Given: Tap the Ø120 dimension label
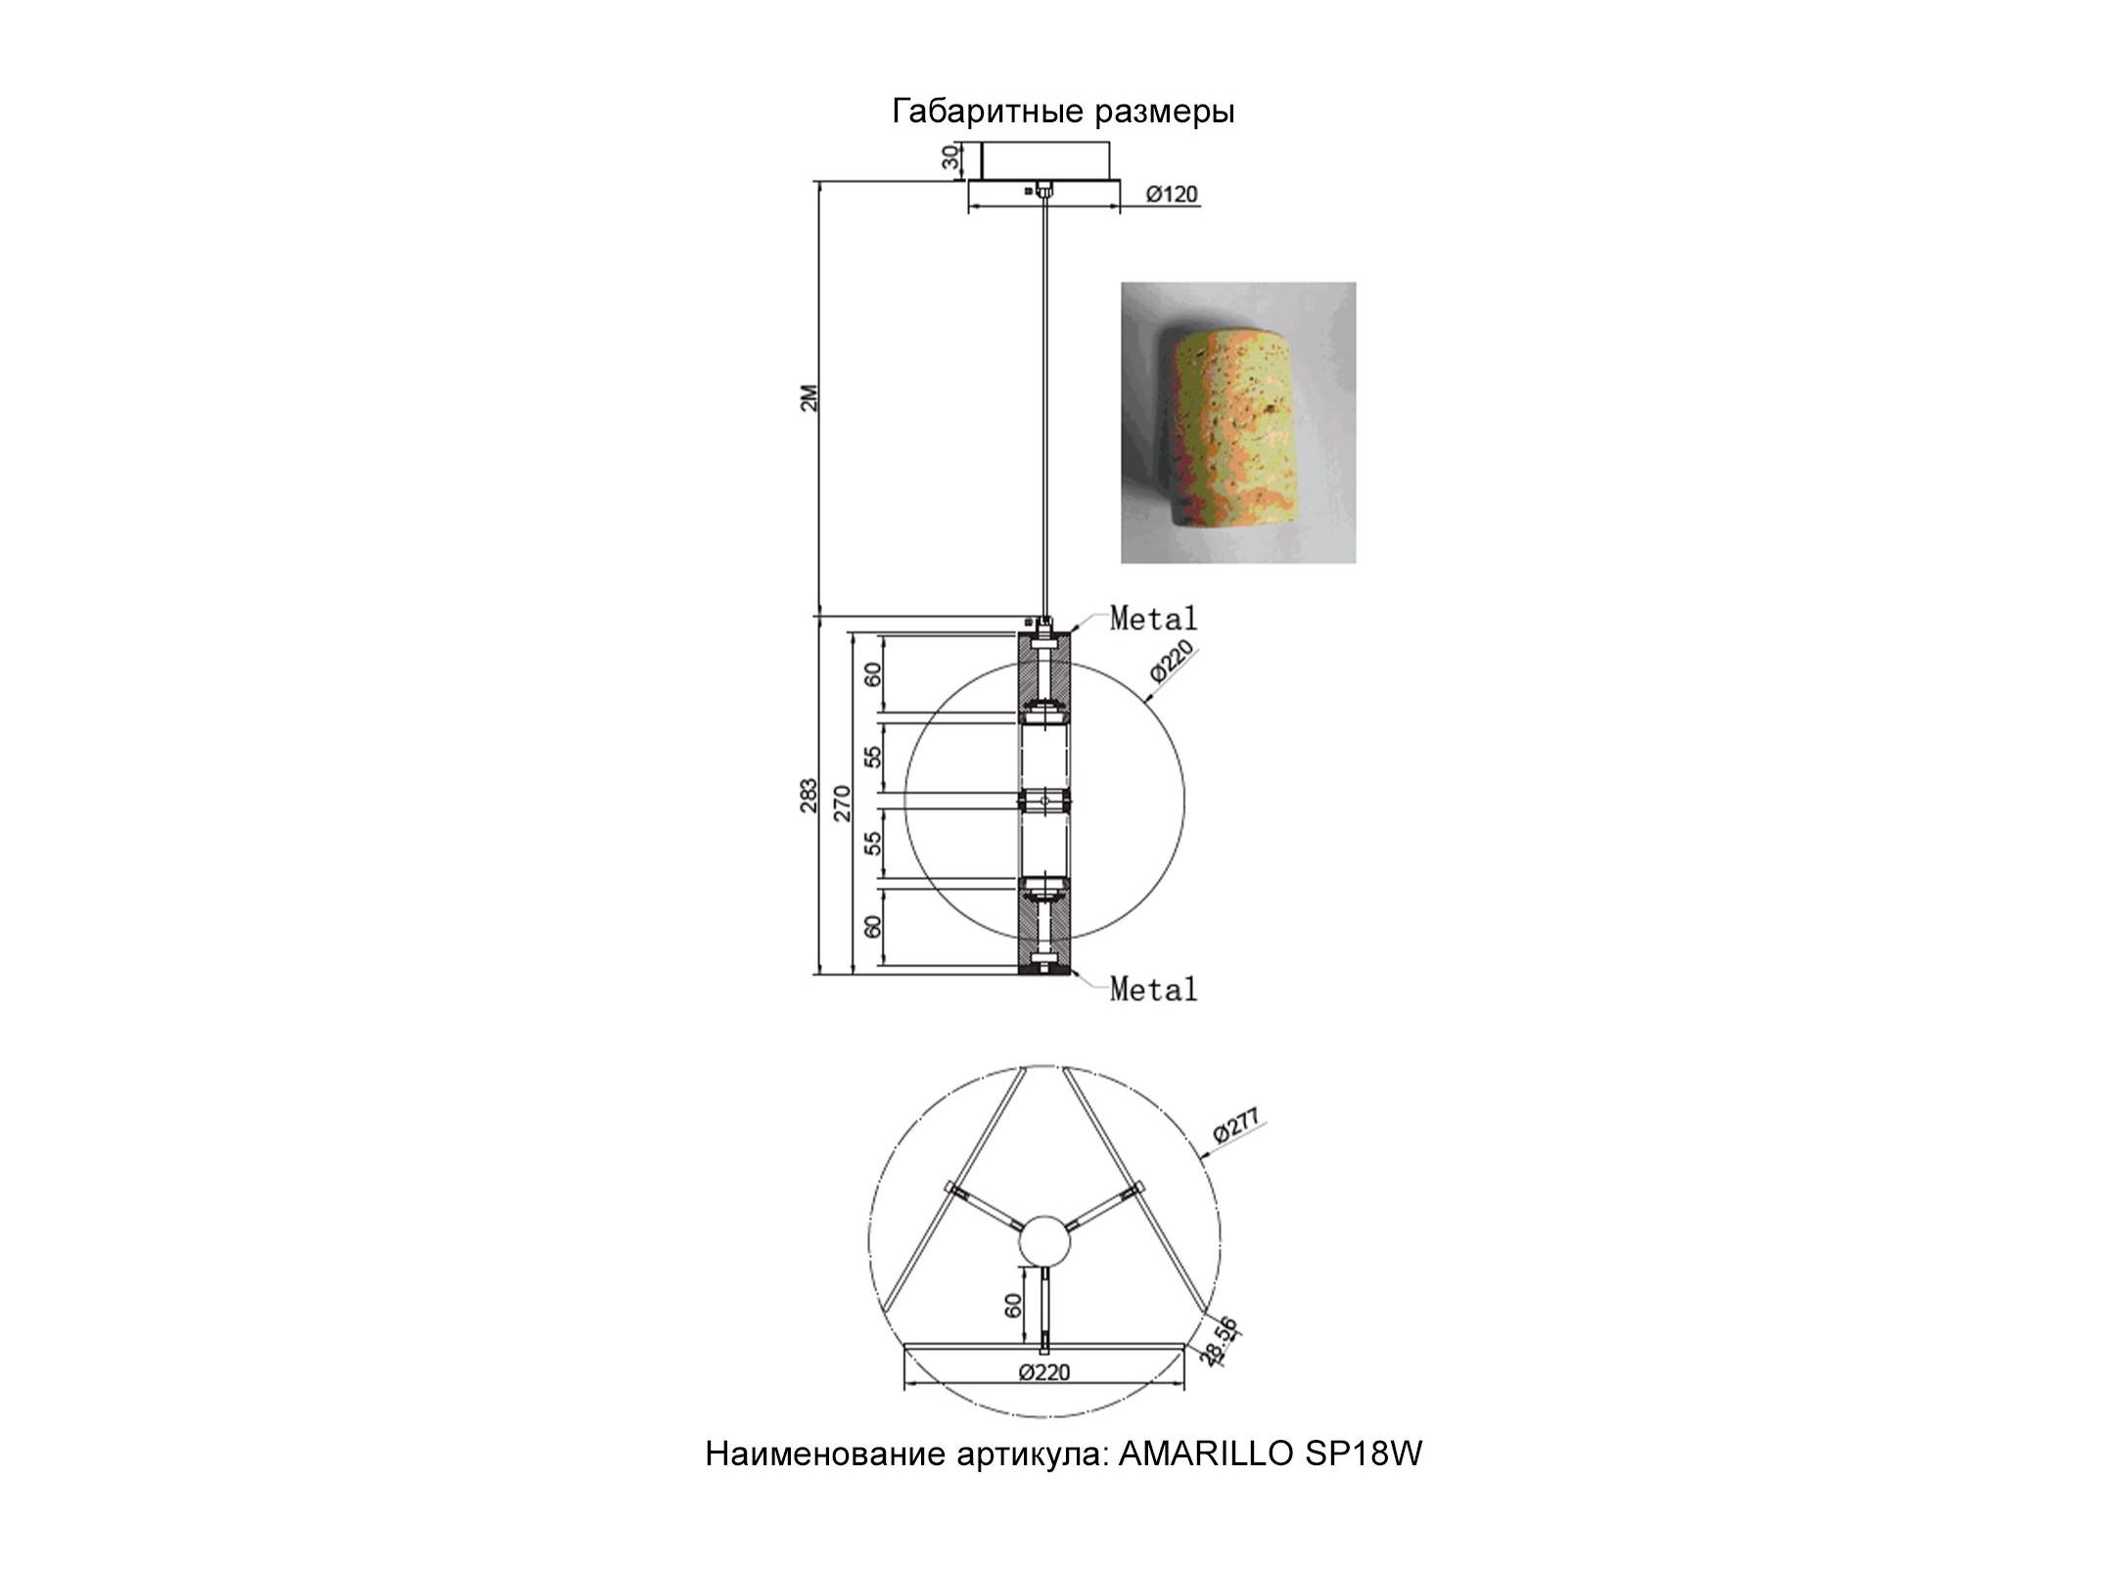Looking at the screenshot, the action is pyautogui.click(x=1171, y=194).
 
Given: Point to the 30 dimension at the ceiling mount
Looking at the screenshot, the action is pyautogui.click(x=949, y=160).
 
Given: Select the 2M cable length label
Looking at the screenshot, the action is pyautogui.click(x=809, y=398).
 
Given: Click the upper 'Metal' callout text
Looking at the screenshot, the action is pyautogui.click(x=1153, y=619).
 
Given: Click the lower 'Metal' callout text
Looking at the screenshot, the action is pyautogui.click(x=1153, y=990).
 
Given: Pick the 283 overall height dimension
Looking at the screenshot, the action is pyautogui.click(x=809, y=796).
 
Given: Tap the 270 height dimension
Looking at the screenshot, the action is pyautogui.click(x=843, y=803).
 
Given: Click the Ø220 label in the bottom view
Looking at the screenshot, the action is pyautogui.click(x=1043, y=1372).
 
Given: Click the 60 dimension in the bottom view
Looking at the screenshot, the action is pyautogui.click(x=1013, y=1305).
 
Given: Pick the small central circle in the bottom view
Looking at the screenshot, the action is pyautogui.click(x=1045, y=1241).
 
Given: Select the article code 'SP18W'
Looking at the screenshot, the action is pyautogui.click(x=1364, y=1482).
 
